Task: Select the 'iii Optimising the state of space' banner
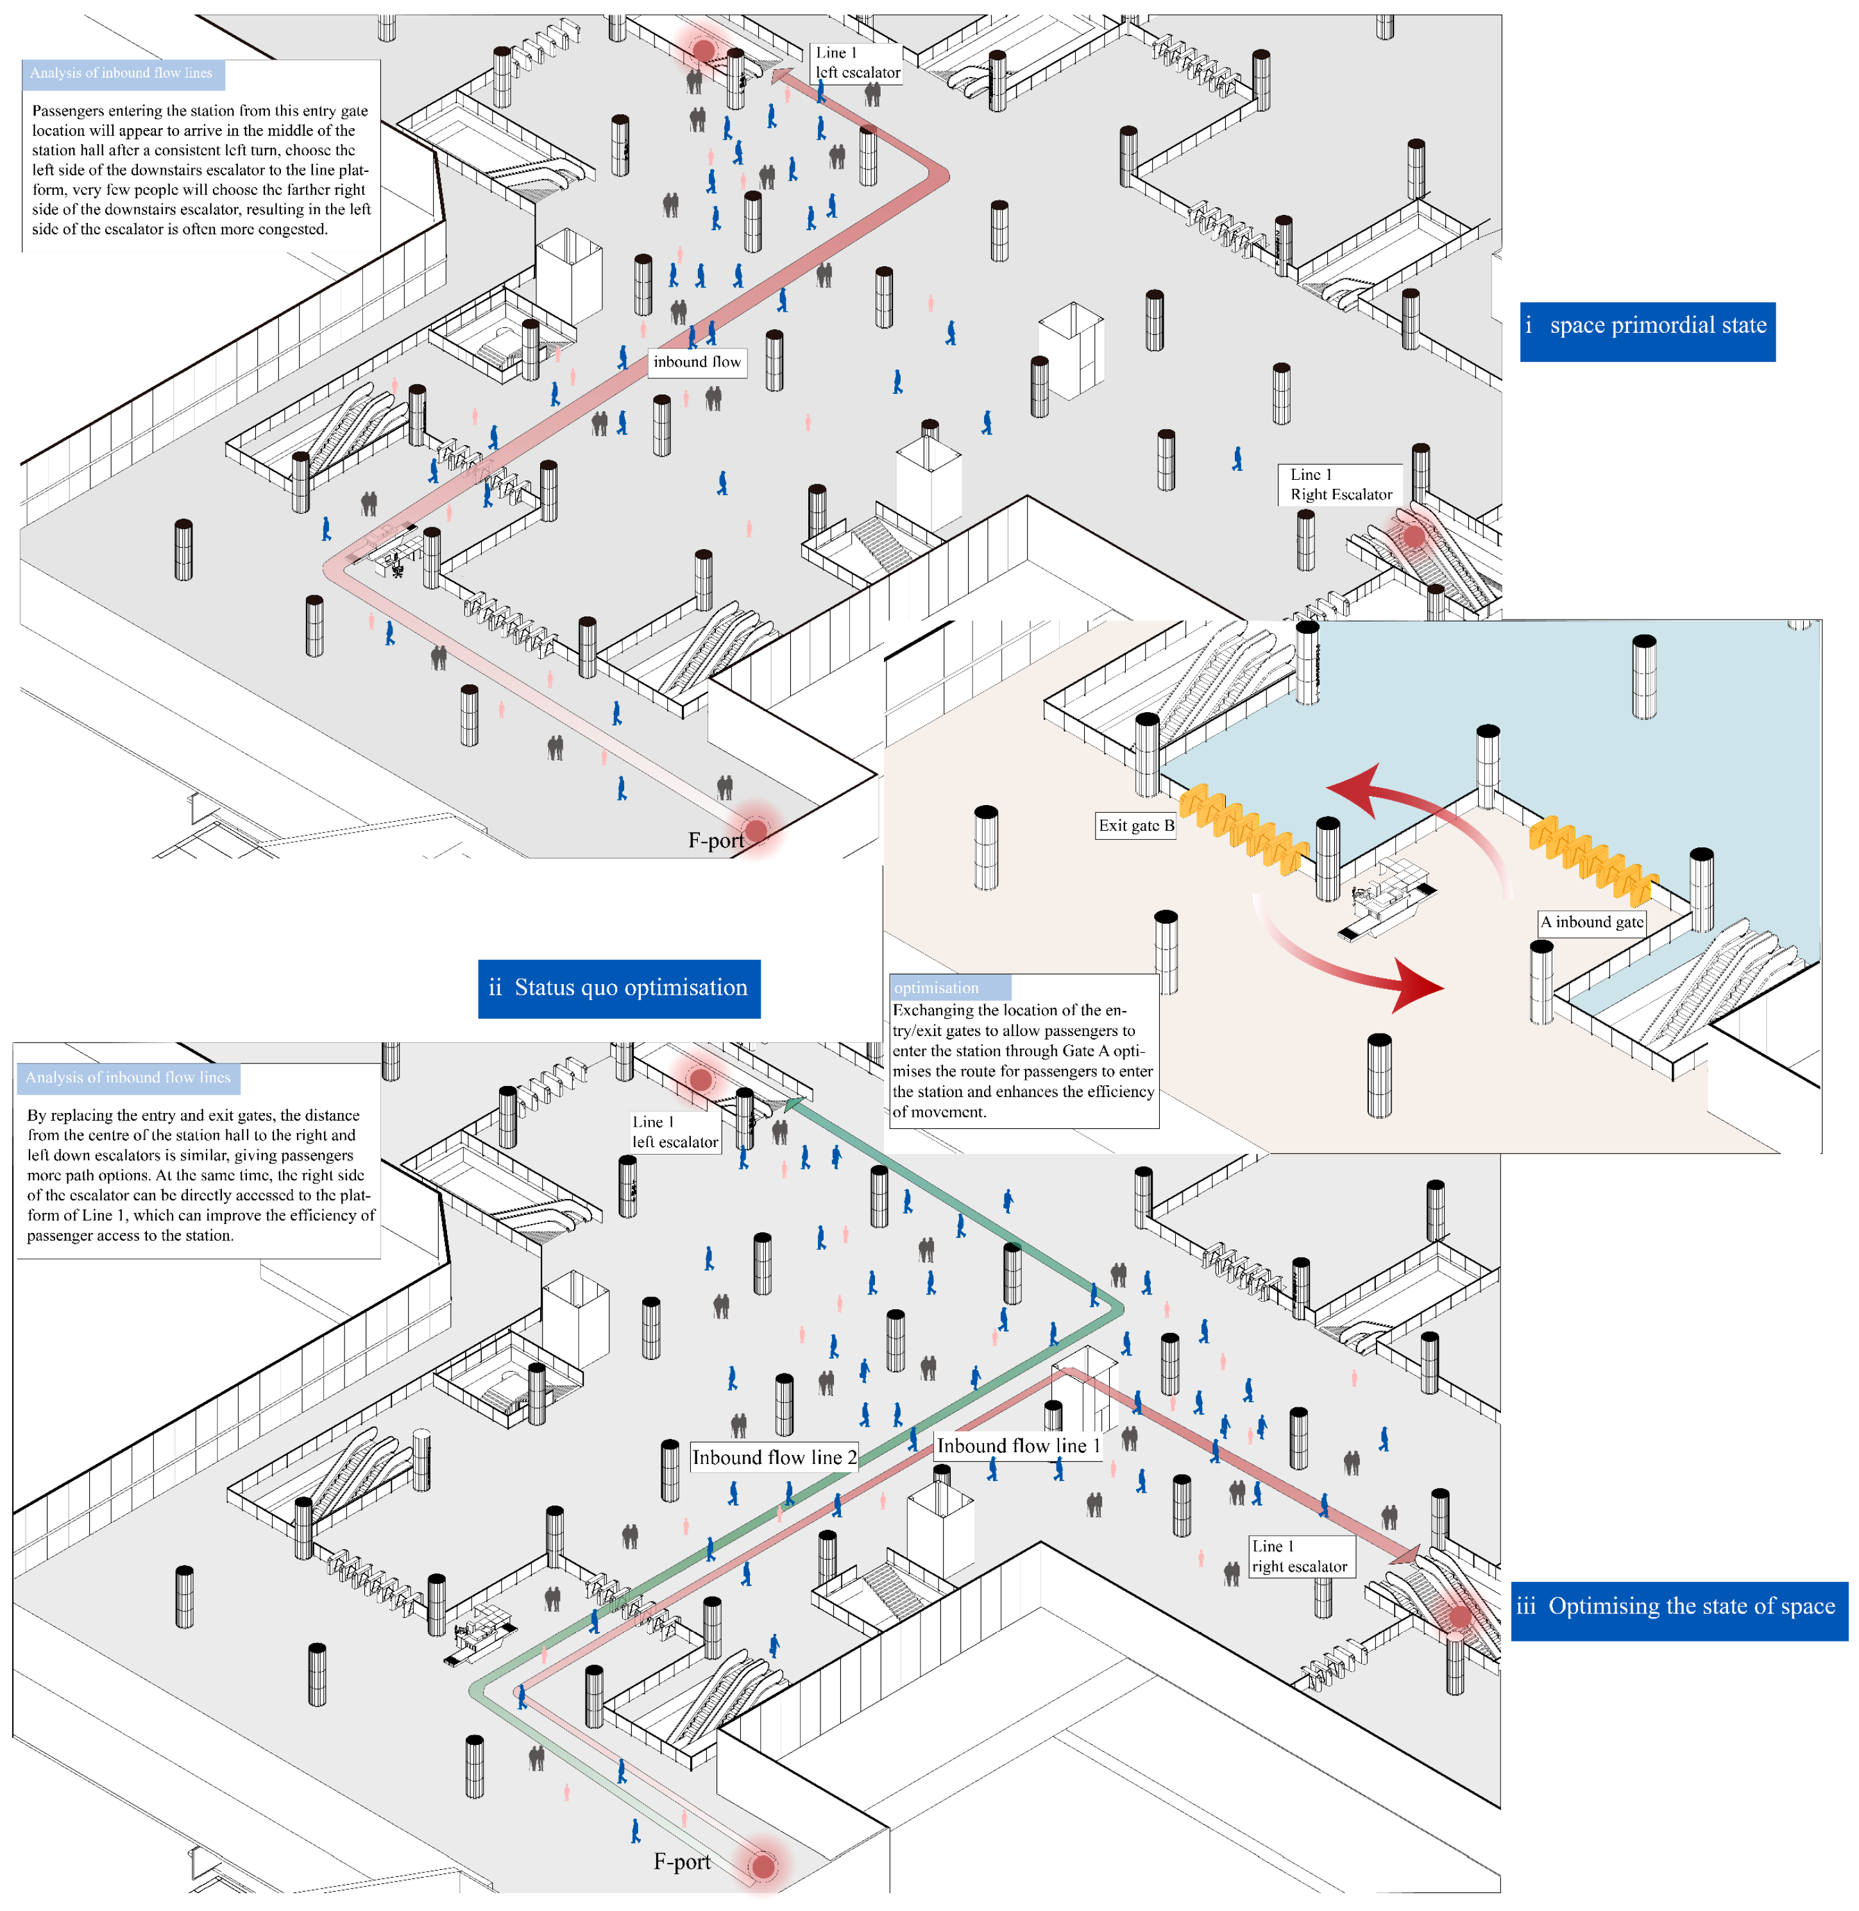point(1678,1606)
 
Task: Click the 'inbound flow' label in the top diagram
point(697,362)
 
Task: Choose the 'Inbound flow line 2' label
point(773,1457)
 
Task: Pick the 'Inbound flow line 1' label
point(1019,1445)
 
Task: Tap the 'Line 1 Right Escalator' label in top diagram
point(1339,484)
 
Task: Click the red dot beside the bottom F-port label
point(763,1866)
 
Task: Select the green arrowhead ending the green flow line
point(794,1105)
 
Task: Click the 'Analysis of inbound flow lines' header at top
point(122,73)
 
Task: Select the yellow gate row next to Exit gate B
point(1242,829)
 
